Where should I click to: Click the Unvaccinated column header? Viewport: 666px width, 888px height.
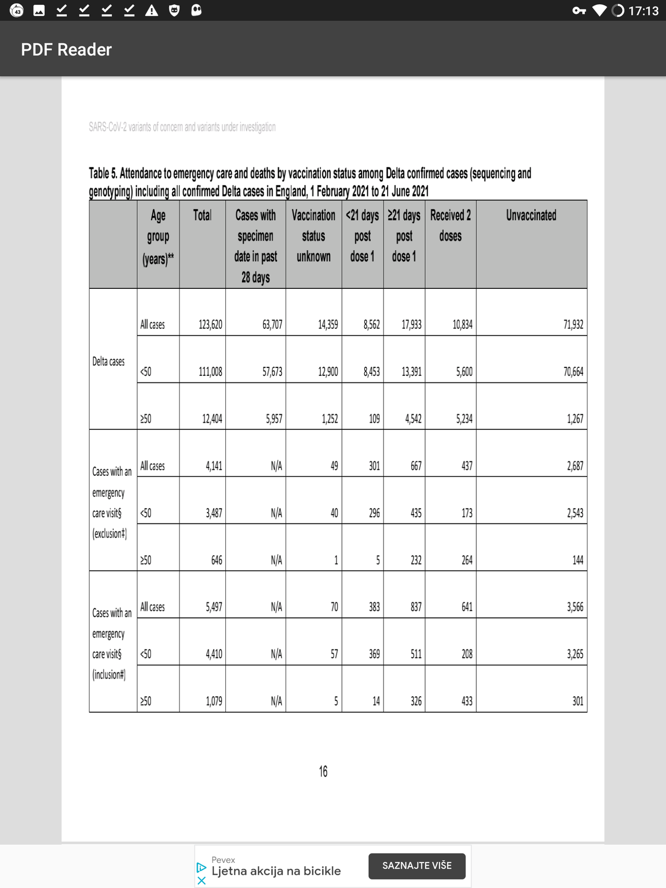[x=531, y=216]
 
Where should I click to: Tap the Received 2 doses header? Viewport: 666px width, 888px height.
[x=450, y=225]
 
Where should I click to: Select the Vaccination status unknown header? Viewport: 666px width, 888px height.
[x=314, y=235]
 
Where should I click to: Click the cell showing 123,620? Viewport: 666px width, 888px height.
[x=210, y=325]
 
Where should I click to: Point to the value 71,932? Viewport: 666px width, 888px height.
[x=573, y=325]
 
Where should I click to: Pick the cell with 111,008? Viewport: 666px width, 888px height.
[x=210, y=372]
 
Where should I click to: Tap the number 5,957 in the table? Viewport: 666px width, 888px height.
[x=274, y=419]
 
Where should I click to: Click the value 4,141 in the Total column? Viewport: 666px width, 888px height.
[x=214, y=466]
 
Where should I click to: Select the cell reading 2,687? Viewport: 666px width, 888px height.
[x=575, y=466]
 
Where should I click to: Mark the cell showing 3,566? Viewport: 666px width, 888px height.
[x=575, y=607]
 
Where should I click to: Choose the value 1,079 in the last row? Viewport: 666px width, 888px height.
[x=214, y=701]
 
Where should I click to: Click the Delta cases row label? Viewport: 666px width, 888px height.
[x=108, y=362]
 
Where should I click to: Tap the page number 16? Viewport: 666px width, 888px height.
[x=323, y=771]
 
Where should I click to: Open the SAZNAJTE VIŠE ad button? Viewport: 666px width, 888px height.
[x=417, y=866]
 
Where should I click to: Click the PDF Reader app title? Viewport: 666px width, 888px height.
[x=66, y=50]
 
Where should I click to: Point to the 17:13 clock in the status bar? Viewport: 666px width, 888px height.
[x=643, y=11]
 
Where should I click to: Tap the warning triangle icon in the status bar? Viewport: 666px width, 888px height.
[x=152, y=10]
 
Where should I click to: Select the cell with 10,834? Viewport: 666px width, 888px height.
[x=462, y=325]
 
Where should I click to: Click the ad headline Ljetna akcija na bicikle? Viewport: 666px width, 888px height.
[x=276, y=871]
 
